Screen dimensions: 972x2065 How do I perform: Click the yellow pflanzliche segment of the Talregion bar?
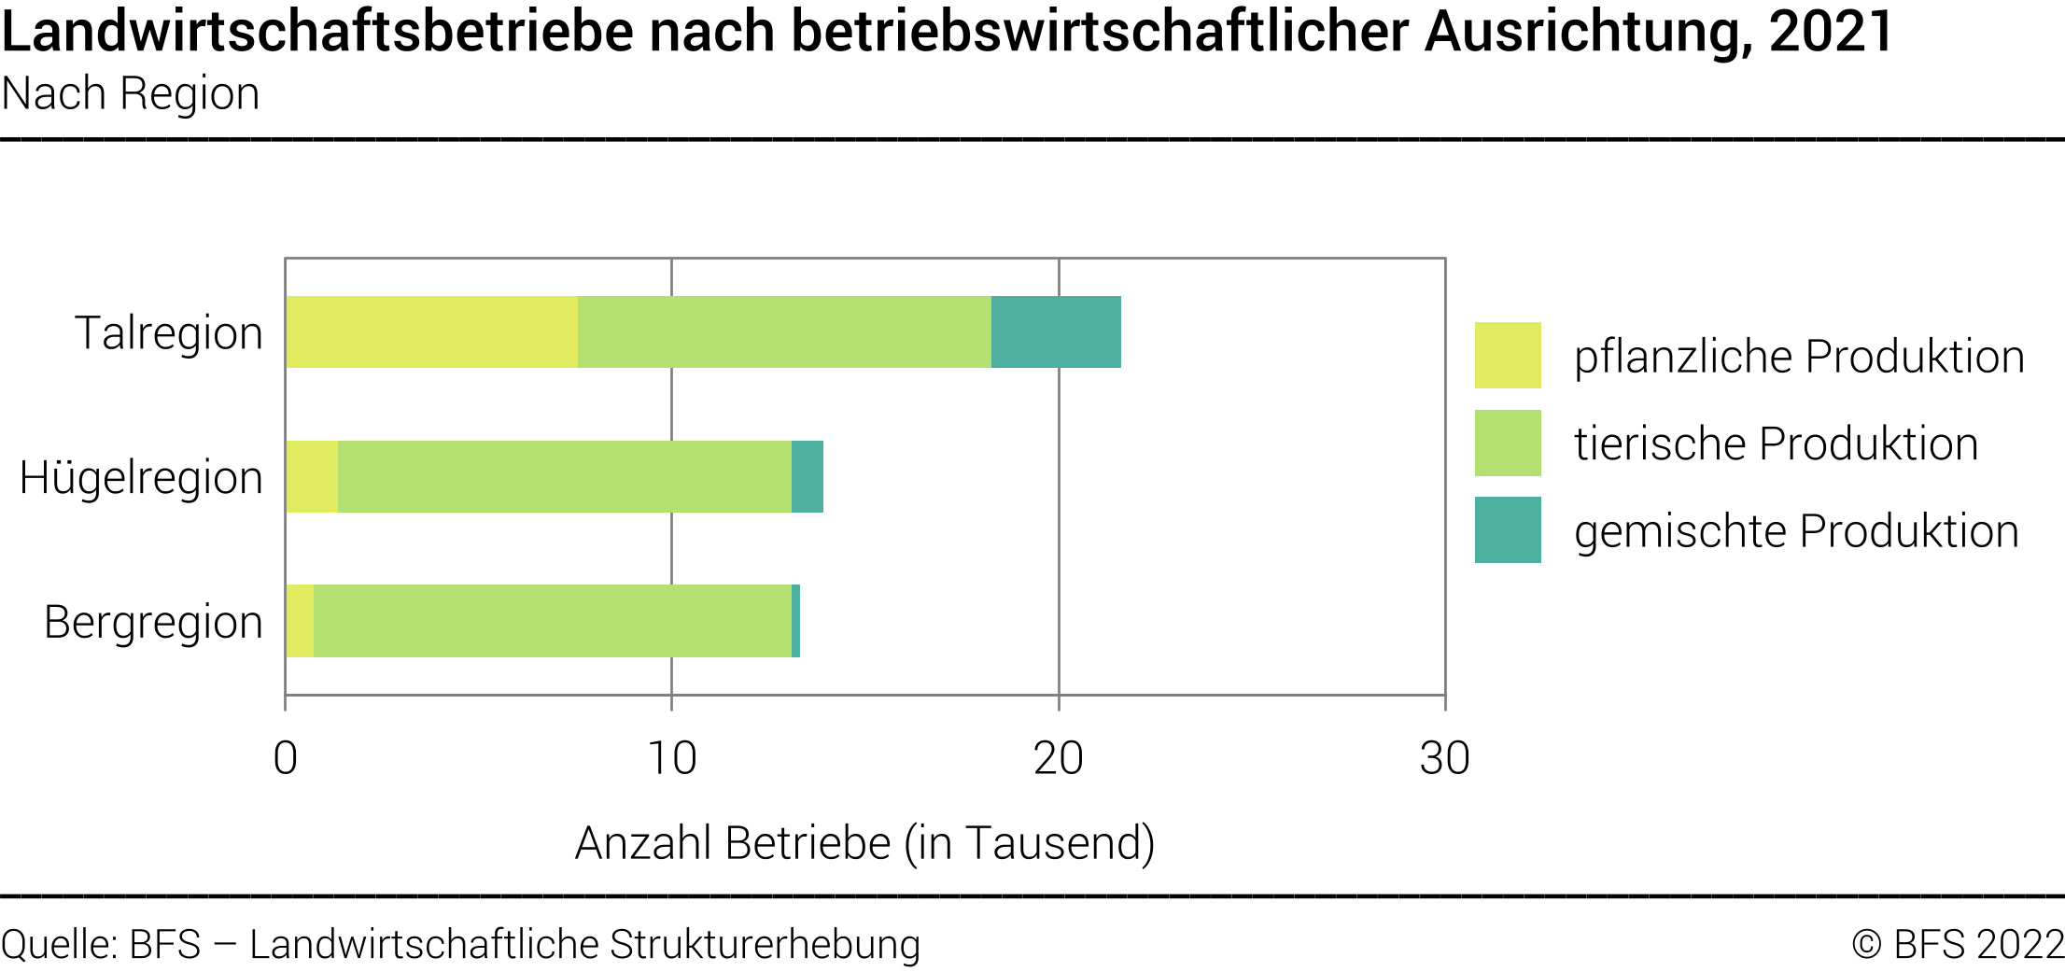click(432, 332)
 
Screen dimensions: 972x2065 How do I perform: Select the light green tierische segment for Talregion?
click(784, 332)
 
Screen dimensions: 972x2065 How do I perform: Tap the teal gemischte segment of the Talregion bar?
click(1056, 332)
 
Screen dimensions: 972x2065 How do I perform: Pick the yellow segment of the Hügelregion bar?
click(312, 476)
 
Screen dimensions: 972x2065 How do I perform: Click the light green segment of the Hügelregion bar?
click(565, 476)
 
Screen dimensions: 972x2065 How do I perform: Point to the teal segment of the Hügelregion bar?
click(808, 476)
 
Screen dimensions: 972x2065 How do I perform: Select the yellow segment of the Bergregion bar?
click(300, 621)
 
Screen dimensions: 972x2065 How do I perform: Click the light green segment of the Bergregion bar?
click(553, 621)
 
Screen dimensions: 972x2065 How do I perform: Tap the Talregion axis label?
click(169, 333)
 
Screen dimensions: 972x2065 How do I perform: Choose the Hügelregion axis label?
click(141, 478)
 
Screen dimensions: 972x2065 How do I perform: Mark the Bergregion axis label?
click(154, 623)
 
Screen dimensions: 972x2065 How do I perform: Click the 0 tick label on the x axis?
click(286, 758)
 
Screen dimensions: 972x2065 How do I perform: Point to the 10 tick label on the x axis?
click(672, 758)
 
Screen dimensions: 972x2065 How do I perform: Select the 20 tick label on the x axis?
click(1059, 758)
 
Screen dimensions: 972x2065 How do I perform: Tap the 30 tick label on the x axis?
click(1445, 758)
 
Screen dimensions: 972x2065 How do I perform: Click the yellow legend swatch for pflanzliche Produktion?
click(1508, 356)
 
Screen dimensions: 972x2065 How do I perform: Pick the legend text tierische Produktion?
click(1776, 444)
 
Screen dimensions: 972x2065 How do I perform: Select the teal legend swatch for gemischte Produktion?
click(1508, 530)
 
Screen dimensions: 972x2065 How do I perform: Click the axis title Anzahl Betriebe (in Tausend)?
click(865, 843)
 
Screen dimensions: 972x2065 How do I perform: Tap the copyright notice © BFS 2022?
click(1957, 944)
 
